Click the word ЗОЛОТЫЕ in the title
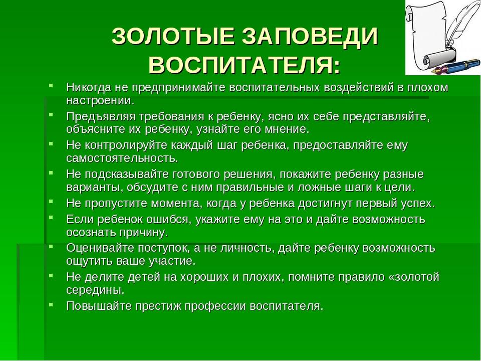point(173,37)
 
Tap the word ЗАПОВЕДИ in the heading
point(310,37)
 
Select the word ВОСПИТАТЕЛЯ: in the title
point(245,65)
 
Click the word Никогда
point(88,87)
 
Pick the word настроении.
point(100,101)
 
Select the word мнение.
point(290,129)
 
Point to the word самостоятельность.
point(122,158)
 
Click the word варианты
point(95,187)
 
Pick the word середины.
point(95,290)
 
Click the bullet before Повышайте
point(51,304)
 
